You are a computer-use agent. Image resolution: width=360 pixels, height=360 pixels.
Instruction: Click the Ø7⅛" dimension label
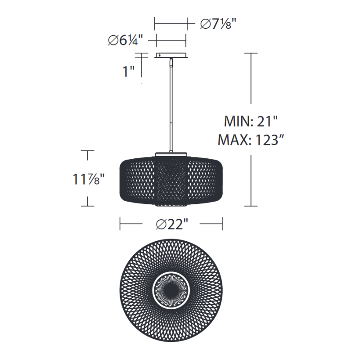218,24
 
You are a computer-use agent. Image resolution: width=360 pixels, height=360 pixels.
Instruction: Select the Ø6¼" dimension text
126,40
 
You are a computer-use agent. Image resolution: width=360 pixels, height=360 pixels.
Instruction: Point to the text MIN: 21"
251,121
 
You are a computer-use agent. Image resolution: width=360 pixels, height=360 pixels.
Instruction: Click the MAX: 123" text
251,139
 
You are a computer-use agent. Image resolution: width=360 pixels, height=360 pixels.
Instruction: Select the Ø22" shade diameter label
172,224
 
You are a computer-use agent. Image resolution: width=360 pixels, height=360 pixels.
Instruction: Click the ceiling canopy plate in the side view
171,55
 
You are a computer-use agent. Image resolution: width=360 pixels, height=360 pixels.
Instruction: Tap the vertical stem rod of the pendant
171,105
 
